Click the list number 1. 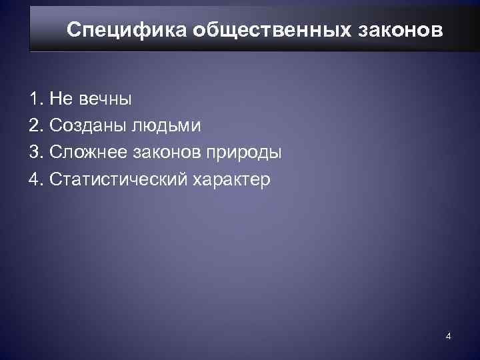click(35, 99)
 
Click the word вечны click(105, 99)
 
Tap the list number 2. click(35, 126)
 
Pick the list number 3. click(35, 153)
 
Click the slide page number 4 click(449, 335)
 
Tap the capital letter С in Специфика click(75, 31)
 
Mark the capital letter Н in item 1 click(55, 99)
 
